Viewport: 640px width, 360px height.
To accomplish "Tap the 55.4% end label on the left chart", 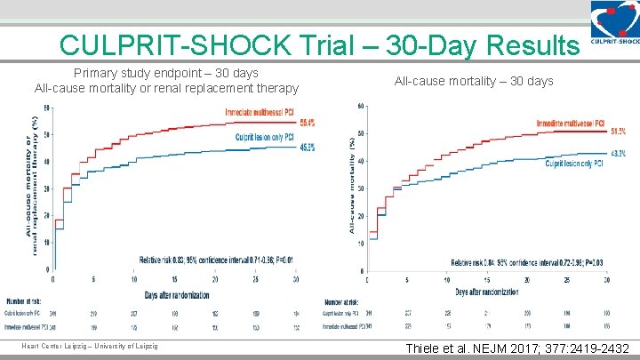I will (306, 123).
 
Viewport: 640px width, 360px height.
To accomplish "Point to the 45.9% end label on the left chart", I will (306, 148).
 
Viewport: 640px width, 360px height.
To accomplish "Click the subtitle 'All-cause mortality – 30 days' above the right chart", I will (474, 81).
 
